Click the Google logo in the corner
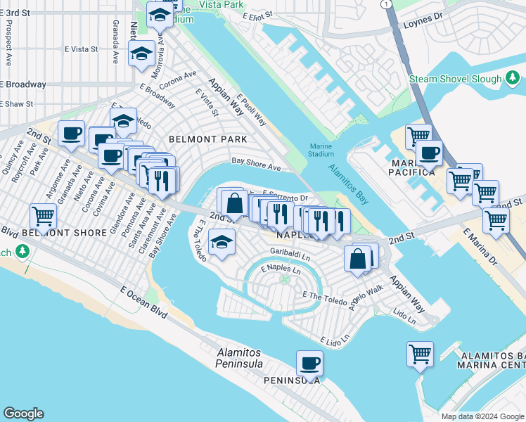point(23,414)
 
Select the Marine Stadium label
point(321,150)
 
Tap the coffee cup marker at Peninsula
point(309,364)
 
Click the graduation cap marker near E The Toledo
point(222,243)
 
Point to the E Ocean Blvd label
point(143,302)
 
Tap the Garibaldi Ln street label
point(291,252)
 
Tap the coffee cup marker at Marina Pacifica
point(428,153)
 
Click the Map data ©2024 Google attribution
point(482,416)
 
